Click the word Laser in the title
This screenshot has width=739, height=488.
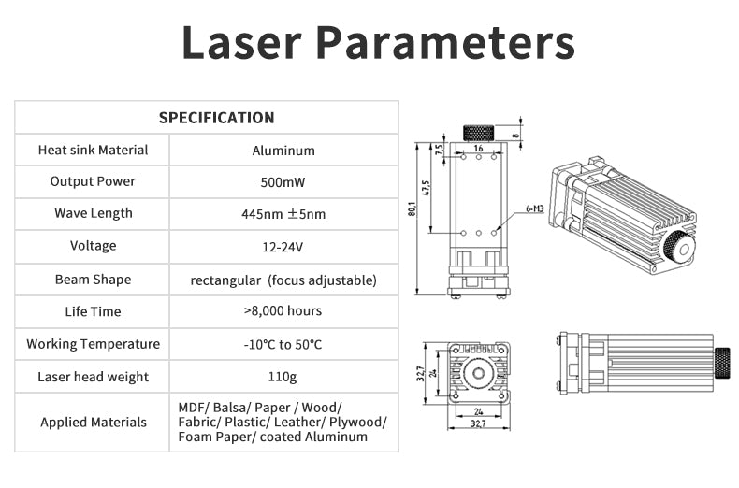coord(241,42)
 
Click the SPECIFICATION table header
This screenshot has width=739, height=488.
coord(216,117)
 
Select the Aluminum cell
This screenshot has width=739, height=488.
coord(283,151)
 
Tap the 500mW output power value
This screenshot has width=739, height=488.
coord(283,182)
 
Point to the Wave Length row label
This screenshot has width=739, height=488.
coord(94,213)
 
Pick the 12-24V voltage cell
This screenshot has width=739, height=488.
coord(283,247)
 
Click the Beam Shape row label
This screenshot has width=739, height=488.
coord(94,280)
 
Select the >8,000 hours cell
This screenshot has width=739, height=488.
coord(283,311)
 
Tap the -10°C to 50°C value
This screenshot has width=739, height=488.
coord(283,344)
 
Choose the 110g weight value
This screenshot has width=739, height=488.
coord(283,377)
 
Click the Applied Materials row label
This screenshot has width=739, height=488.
coord(94,422)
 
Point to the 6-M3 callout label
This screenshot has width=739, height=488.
coord(535,208)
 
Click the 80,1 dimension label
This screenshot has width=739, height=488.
coord(412,208)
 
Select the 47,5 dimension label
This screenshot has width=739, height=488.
coord(426,188)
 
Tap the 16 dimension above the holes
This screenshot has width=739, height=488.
coord(478,148)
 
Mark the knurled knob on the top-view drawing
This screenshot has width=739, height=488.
coord(478,134)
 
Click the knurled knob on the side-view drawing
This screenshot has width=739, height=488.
coord(722,363)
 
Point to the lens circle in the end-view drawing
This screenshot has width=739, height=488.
coord(478,374)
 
